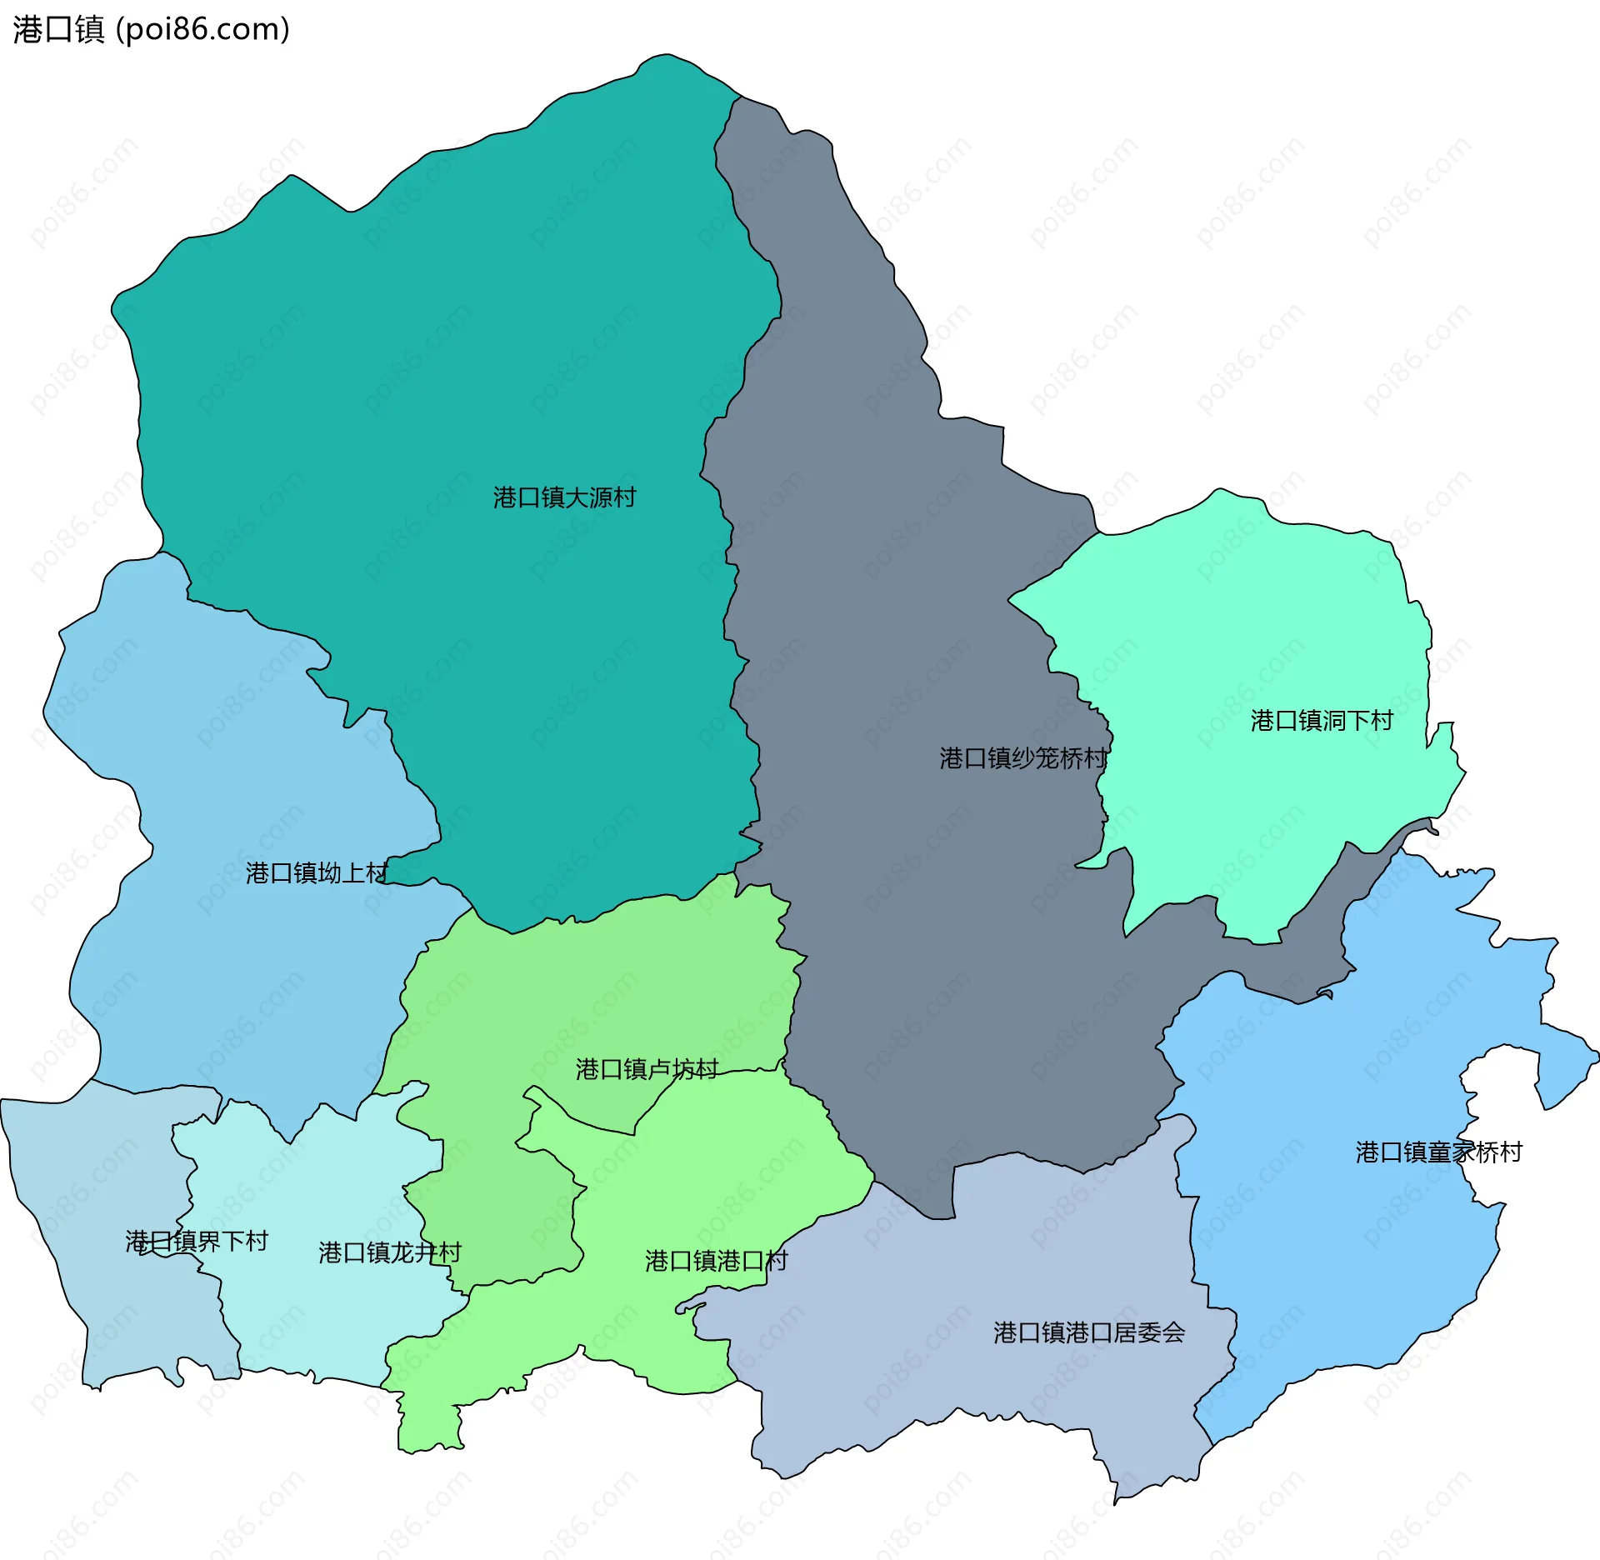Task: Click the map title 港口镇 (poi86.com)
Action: (150, 29)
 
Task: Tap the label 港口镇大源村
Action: (564, 497)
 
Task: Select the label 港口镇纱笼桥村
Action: (1022, 758)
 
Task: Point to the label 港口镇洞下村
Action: (1321, 721)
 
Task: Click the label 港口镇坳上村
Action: (317, 873)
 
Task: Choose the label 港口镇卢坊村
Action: (647, 1069)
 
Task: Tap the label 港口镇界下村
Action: (197, 1242)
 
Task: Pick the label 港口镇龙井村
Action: (389, 1252)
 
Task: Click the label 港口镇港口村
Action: (716, 1261)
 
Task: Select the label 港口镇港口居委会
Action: (1088, 1332)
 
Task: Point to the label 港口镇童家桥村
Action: (1438, 1152)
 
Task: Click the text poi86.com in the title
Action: (202, 29)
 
